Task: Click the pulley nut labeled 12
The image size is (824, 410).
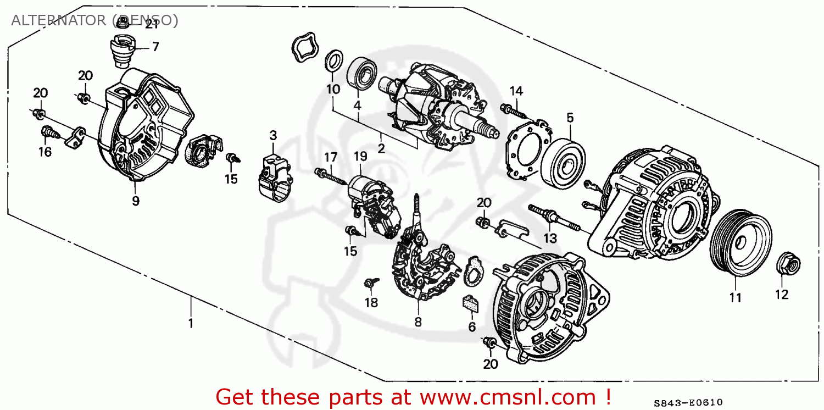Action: pos(788,265)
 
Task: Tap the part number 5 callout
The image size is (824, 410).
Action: pos(570,117)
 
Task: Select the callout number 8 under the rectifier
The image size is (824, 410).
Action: pos(418,322)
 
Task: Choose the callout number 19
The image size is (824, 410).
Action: pos(360,156)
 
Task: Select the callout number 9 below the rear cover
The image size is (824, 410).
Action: pos(136,201)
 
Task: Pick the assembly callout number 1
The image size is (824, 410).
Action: pos(191,323)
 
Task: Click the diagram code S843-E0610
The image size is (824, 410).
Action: pos(688,402)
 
